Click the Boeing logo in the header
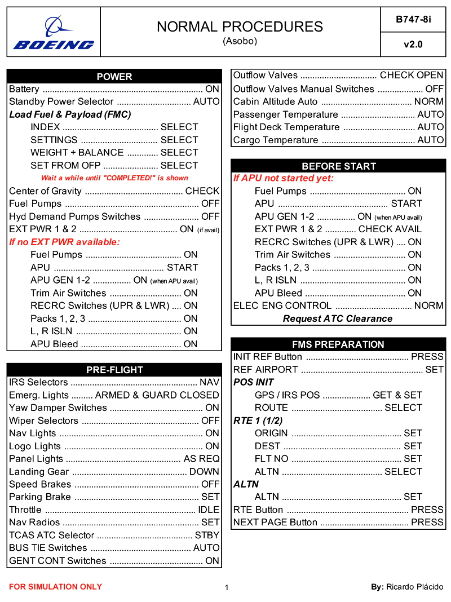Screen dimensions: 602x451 (54, 33)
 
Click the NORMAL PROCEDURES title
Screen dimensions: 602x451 (240, 26)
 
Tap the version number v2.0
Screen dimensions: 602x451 (413, 45)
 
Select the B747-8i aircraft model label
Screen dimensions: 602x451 (413, 19)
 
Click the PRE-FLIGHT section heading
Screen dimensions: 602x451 (114, 370)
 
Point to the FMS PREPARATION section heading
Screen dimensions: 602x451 (338, 344)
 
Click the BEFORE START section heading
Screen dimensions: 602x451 (338, 166)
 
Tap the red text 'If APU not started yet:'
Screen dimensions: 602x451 (284, 178)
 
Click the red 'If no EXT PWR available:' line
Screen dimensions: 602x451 (65, 242)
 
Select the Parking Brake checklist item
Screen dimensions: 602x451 (40, 497)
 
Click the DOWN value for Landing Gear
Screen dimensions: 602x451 (204, 471)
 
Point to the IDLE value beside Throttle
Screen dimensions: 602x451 (209, 510)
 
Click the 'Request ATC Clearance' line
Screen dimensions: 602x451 (338, 318)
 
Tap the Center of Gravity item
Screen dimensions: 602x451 (45, 191)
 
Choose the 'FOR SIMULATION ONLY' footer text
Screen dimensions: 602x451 (55, 587)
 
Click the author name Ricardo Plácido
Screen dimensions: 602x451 (414, 587)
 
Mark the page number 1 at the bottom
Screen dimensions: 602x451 (227, 588)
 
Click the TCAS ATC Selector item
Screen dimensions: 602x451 (51, 535)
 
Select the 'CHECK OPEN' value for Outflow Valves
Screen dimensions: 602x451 (412, 76)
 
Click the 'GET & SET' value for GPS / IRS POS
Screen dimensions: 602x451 (397, 395)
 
